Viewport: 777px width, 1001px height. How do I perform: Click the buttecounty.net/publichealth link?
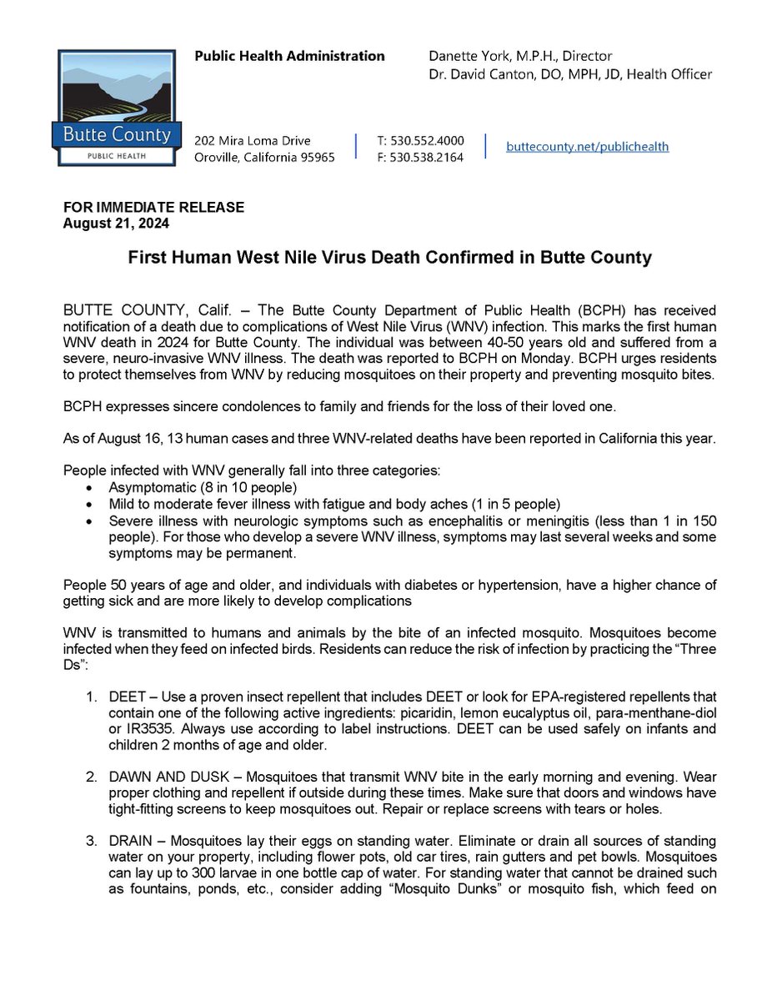pyautogui.click(x=588, y=146)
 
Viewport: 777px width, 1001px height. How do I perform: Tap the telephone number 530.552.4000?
pyautogui.click(x=420, y=140)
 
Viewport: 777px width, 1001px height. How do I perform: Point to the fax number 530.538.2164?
pyautogui.click(x=420, y=157)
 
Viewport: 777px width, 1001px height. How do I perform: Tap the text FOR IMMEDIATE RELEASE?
pyautogui.click(x=154, y=207)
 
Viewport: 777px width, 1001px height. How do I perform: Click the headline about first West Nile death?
pyautogui.click(x=388, y=258)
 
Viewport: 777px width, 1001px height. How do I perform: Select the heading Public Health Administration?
pyautogui.click(x=289, y=56)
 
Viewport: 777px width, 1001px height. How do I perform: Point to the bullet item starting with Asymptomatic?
pyautogui.click(x=203, y=487)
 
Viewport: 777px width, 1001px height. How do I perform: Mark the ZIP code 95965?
pyautogui.click(x=315, y=157)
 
